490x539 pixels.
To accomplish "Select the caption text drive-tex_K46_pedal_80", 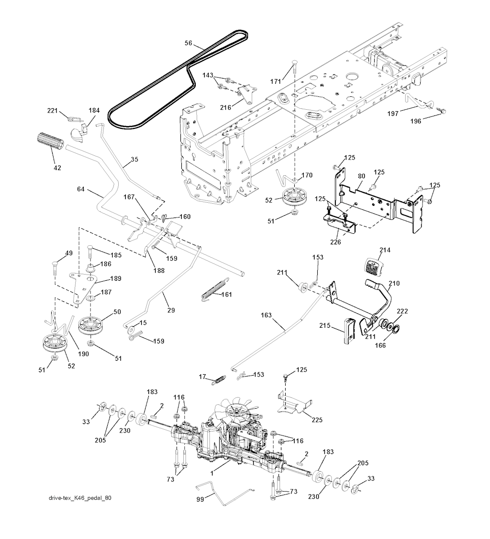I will (x=80, y=498).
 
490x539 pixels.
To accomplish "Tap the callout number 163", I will (x=267, y=315).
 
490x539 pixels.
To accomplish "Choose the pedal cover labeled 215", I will (x=349, y=331).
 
